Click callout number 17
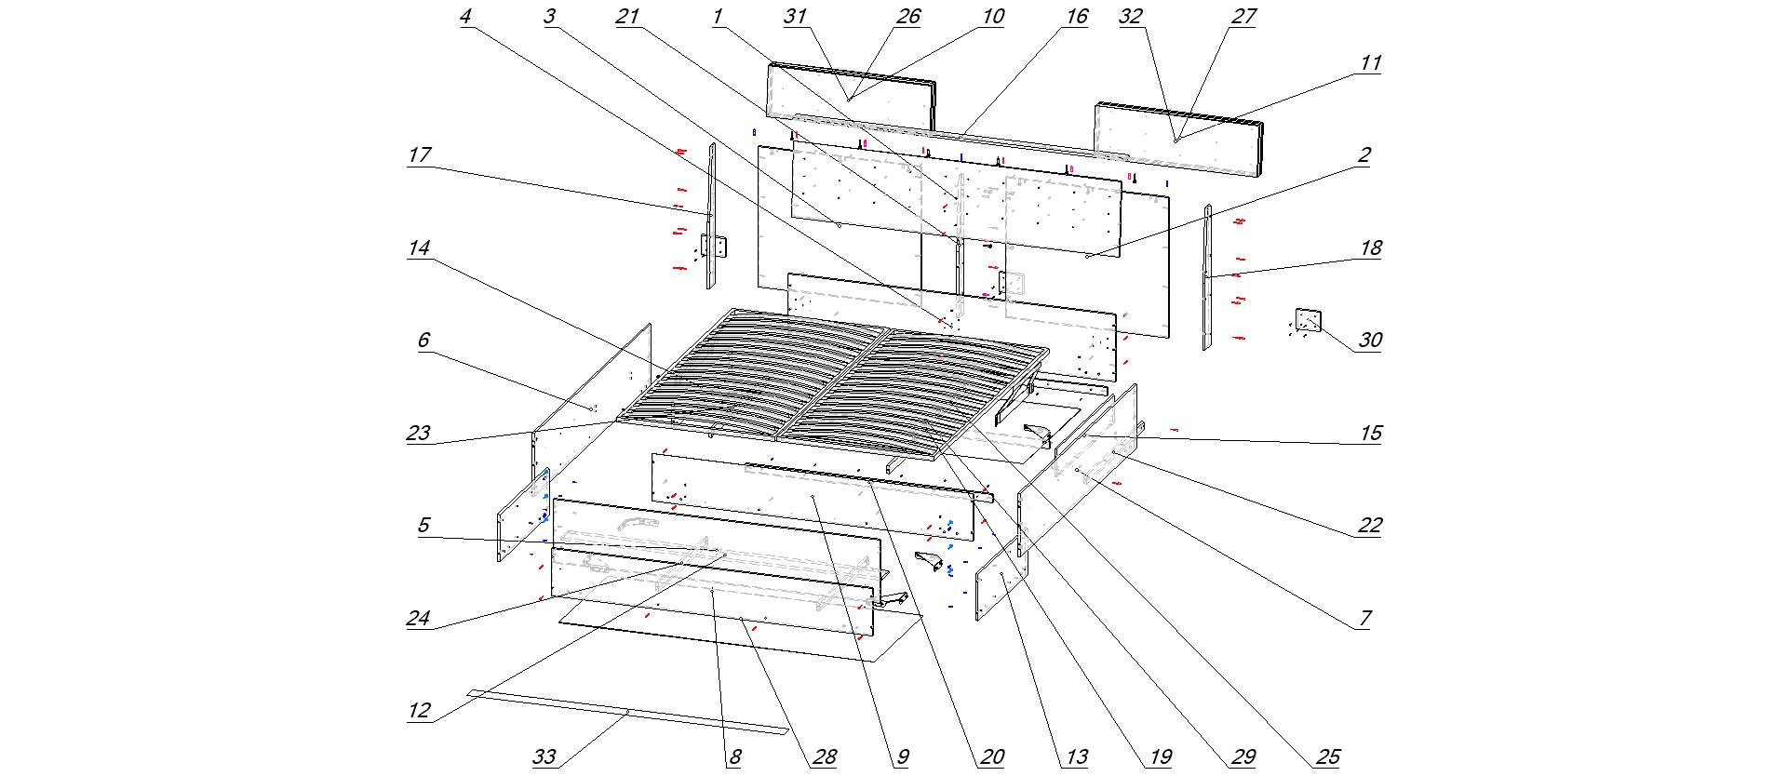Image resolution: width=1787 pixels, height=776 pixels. (x=420, y=154)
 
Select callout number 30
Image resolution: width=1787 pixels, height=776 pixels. (x=1369, y=341)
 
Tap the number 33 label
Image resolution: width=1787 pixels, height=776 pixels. (x=544, y=756)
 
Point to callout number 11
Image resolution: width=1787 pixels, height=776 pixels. (x=1369, y=63)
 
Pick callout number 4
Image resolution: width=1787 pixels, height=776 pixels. (x=466, y=17)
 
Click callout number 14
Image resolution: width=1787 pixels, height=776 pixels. (x=420, y=248)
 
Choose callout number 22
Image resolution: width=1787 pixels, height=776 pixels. (x=1369, y=526)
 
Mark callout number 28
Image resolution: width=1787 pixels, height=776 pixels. (x=825, y=756)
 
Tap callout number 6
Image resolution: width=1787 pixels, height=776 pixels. (x=423, y=341)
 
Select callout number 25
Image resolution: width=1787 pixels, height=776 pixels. (x=1328, y=756)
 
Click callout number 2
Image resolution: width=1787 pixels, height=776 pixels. (x=1364, y=154)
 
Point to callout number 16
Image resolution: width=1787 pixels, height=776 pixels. (x=1077, y=17)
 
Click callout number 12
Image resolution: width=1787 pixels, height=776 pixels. (x=420, y=712)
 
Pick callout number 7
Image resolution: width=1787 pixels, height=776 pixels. (x=1364, y=619)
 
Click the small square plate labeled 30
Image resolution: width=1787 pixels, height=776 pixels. (x=1309, y=321)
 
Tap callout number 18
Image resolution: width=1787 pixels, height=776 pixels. (x=1369, y=248)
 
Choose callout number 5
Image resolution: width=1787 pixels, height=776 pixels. (x=423, y=526)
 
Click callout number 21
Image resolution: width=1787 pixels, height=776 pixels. (x=627, y=17)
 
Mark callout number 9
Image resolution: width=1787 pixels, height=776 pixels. (x=901, y=756)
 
